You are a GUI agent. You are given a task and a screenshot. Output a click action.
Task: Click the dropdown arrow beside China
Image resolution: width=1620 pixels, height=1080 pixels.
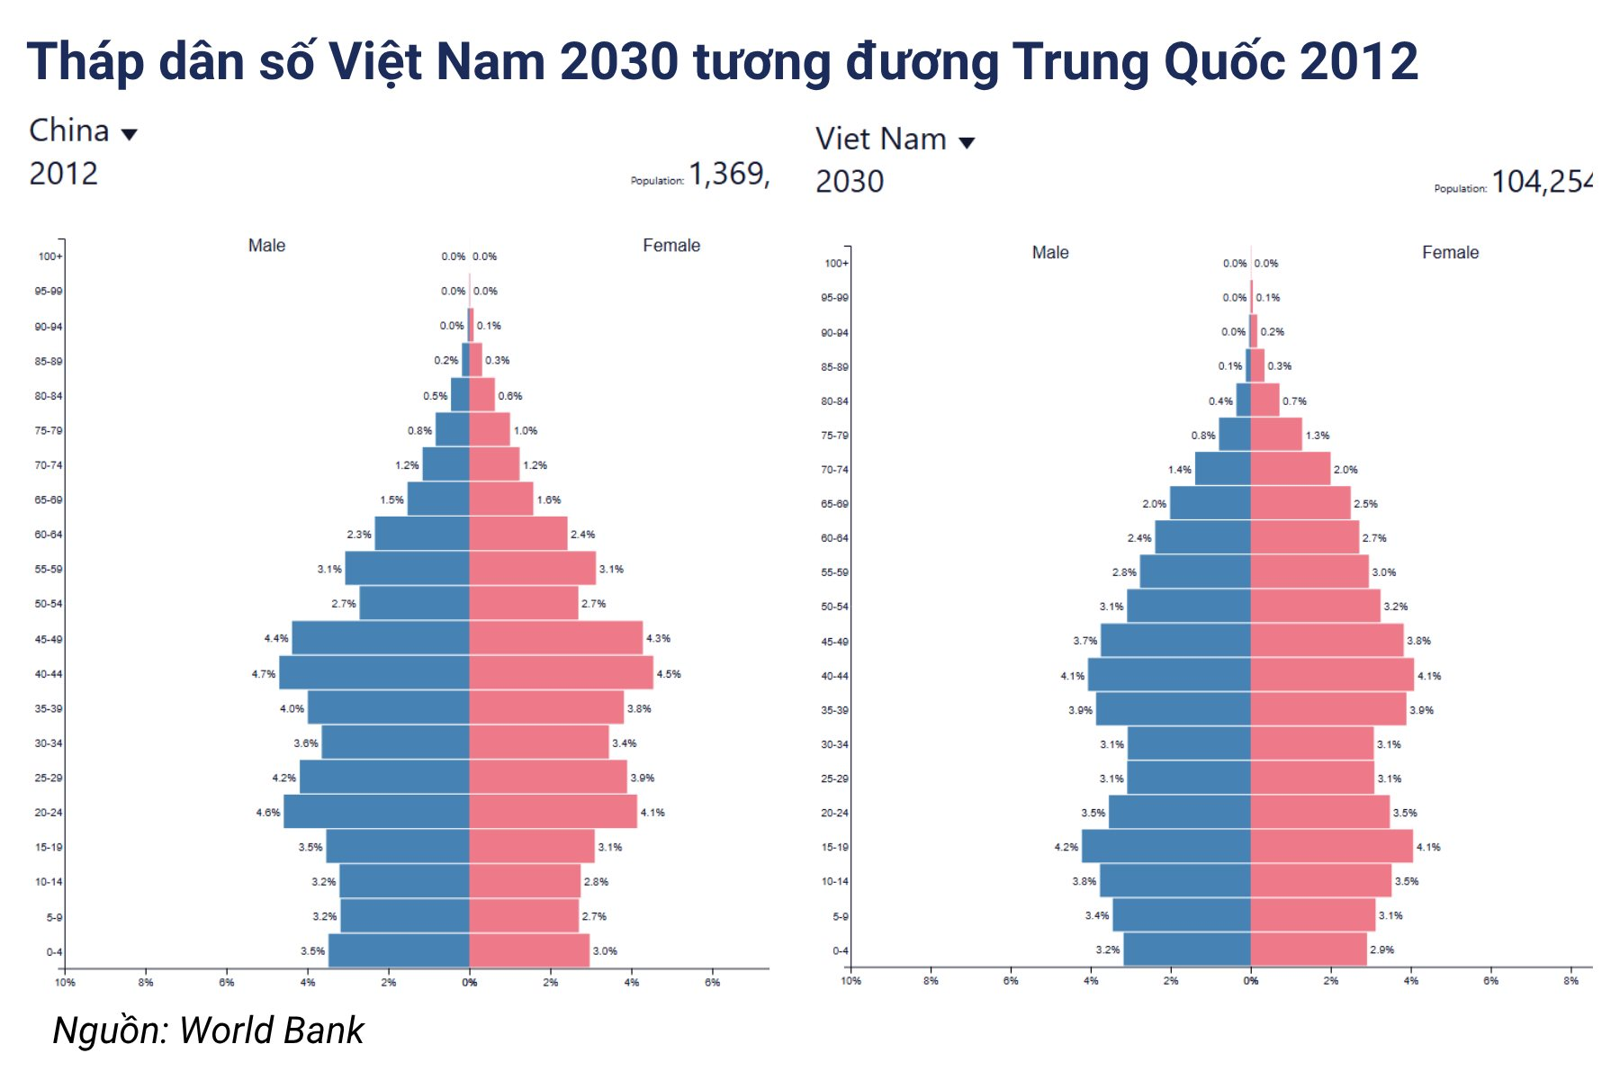(130, 135)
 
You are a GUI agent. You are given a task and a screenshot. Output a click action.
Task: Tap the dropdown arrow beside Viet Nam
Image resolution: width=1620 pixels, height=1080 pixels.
(967, 143)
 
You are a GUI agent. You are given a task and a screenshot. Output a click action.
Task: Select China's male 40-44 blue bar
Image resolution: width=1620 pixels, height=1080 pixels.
(374, 673)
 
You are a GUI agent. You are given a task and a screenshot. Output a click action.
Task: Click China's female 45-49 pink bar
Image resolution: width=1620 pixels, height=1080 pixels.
(555, 638)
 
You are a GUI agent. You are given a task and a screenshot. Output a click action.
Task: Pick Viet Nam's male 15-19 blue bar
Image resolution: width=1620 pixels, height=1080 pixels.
(1165, 847)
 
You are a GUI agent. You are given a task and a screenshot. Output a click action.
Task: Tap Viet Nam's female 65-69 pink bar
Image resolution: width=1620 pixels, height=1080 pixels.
(1300, 503)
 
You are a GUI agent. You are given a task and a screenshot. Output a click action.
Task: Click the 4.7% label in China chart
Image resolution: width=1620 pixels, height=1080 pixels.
(264, 674)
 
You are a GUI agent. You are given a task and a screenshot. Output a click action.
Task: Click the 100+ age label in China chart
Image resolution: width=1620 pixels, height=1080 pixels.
(50, 256)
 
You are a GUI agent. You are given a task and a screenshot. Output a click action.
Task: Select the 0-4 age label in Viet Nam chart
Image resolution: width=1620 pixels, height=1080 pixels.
(840, 951)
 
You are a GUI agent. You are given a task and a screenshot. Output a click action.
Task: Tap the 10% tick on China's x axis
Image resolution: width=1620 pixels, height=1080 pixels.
(65, 982)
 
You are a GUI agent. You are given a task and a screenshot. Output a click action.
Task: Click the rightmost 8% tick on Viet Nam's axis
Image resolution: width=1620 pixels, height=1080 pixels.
(1570, 981)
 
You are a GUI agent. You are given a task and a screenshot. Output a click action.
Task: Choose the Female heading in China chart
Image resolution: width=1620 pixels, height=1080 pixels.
(670, 246)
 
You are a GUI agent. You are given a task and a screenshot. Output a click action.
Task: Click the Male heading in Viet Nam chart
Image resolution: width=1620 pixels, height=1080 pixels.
(1050, 253)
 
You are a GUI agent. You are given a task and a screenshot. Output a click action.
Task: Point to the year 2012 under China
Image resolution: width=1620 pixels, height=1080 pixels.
(63, 174)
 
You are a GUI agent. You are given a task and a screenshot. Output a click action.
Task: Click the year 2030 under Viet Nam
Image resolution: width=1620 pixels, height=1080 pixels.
(850, 182)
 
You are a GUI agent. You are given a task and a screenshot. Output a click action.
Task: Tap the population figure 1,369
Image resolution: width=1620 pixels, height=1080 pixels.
(729, 175)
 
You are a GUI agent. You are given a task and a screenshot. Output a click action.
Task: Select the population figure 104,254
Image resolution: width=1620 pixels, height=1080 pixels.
(1542, 183)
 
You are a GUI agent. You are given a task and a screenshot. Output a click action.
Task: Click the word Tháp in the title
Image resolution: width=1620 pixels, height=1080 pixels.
(85, 63)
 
